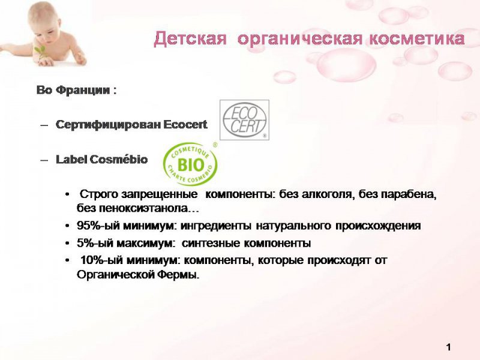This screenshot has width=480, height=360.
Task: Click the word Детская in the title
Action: coord(190,39)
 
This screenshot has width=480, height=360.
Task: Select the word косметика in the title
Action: coord(417,39)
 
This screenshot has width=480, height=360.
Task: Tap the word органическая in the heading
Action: coord(299,40)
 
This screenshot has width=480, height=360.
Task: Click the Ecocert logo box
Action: coord(245,120)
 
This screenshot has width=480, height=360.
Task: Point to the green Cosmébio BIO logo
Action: coord(190,164)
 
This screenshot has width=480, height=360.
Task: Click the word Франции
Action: coord(83,91)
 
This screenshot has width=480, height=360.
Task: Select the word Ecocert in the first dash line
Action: coord(185,125)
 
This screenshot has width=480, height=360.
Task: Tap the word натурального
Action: coord(293,226)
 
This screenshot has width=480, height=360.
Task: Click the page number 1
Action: coord(448,347)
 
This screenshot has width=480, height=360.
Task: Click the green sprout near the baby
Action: coord(40,51)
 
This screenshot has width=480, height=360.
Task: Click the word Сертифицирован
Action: coord(108,125)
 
